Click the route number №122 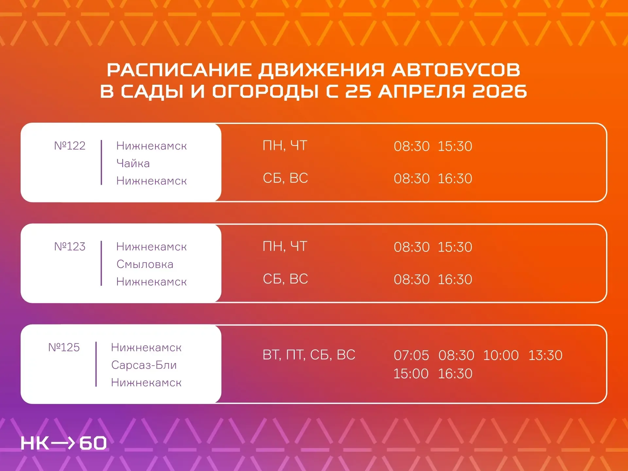[70, 146]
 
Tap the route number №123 [70, 246]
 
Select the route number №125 [64, 347]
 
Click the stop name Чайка [133, 163]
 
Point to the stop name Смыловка [145, 264]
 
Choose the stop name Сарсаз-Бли [144, 365]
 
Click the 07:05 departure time [411, 355]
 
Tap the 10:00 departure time [501, 355]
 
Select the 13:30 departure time [546, 355]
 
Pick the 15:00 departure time [411, 374]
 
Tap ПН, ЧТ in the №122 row [285, 146]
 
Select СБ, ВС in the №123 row [286, 279]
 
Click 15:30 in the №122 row [455, 146]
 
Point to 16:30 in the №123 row [455, 279]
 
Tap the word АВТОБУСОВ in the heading [456, 70]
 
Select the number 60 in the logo [93, 443]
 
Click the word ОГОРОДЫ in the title [265, 91]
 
